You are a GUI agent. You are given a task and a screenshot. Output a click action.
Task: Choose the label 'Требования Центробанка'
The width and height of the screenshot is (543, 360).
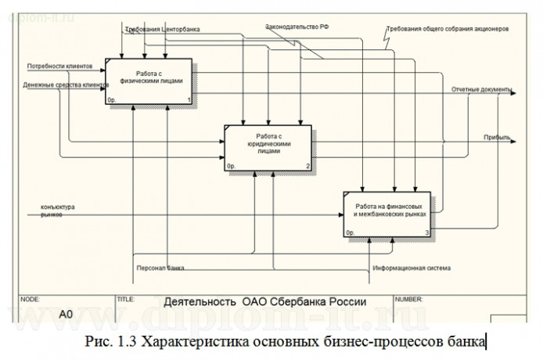click(162, 30)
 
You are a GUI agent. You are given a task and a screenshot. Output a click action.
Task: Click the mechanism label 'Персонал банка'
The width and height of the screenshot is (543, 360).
click(160, 268)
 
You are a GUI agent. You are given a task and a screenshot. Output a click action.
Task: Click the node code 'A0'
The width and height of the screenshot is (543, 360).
click(67, 313)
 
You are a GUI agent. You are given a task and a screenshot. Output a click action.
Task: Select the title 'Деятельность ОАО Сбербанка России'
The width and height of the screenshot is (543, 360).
click(264, 301)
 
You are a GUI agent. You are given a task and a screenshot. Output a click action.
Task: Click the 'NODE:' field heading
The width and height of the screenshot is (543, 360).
click(31, 298)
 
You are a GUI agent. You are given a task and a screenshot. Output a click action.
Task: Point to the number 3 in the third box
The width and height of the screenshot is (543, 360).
click(427, 233)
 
